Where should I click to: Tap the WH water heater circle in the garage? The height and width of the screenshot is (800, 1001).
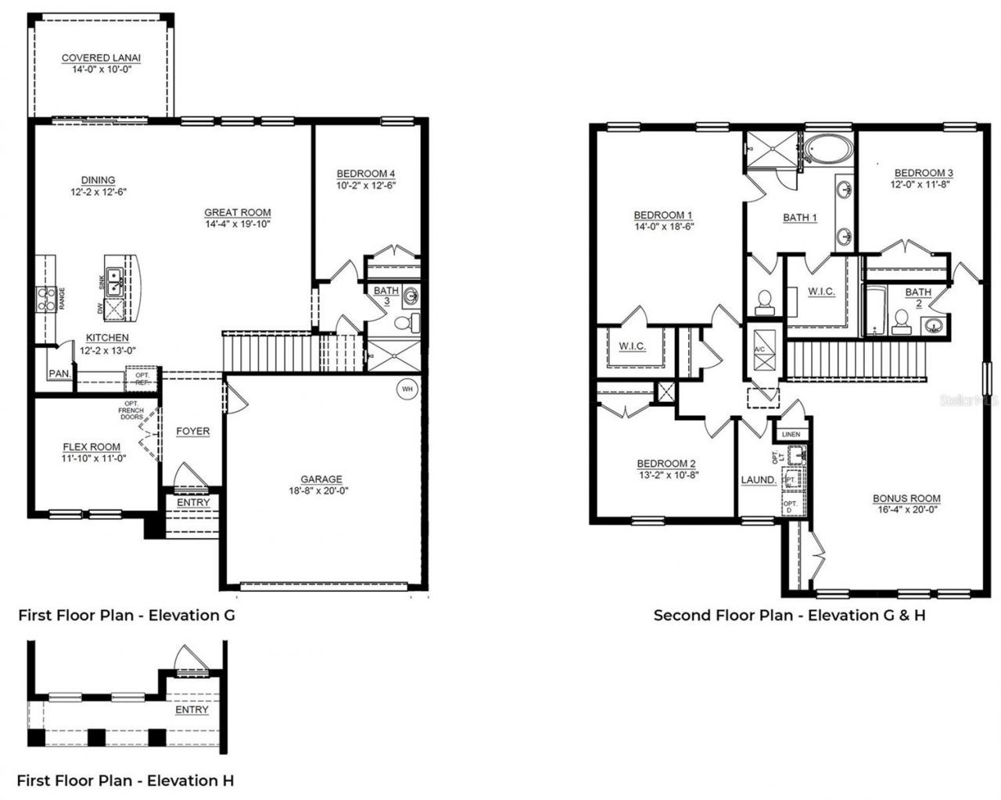tap(407, 388)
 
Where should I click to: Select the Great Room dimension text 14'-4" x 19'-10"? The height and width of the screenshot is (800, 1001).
tap(238, 224)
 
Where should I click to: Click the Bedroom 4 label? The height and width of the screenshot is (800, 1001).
tap(365, 174)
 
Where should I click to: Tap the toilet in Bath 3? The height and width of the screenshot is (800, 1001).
tap(404, 322)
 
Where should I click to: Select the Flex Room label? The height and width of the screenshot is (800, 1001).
tap(91, 447)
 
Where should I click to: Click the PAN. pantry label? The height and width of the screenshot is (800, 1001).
tap(59, 375)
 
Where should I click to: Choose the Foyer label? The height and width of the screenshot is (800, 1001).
tap(192, 431)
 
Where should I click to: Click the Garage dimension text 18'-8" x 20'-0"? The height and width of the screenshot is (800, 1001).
tap(321, 491)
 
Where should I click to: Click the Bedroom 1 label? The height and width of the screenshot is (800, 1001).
tap(663, 215)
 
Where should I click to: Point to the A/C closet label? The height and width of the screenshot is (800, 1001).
tap(759, 350)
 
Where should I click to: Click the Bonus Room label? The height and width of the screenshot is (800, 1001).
tap(906, 498)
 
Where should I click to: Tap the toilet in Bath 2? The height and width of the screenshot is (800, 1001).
tap(901, 321)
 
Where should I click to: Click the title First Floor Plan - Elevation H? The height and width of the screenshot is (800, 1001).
tap(125, 780)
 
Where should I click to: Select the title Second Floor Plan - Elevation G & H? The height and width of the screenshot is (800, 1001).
tap(789, 615)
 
